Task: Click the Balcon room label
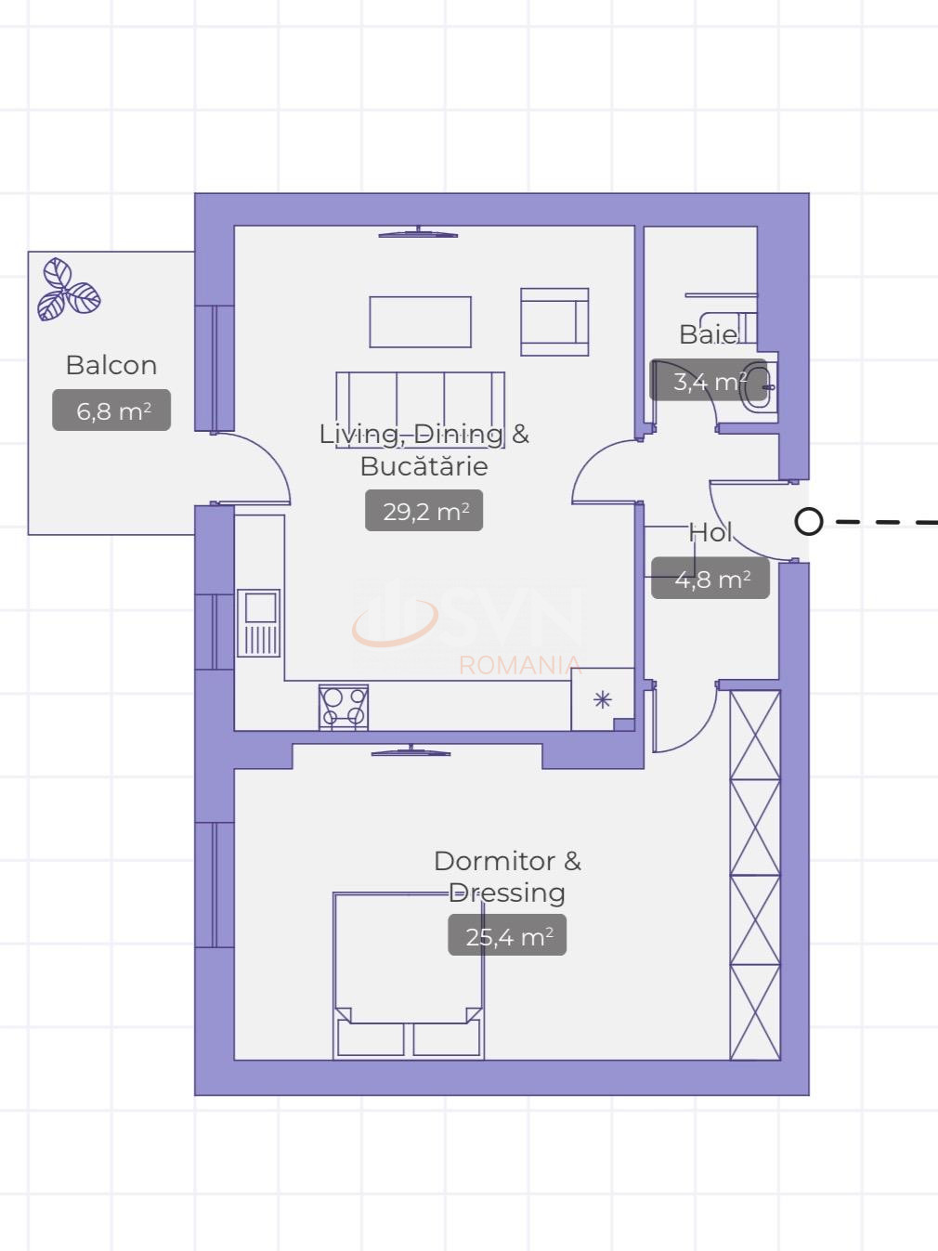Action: point(111,365)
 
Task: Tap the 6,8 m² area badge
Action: point(111,410)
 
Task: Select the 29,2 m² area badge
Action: point(424,511)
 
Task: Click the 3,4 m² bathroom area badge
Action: point(709,380)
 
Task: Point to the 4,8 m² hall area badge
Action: point(710,578)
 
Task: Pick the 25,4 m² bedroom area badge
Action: point(507,935)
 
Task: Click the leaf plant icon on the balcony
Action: point(69,290)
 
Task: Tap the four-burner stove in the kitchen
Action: point(344,708)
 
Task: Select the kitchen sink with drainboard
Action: point(259,623)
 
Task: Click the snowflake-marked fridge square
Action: point(603,699)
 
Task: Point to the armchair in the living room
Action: point(554,322)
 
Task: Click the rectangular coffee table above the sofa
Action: point(421,322)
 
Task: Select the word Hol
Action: point(710,532)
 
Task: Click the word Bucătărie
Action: point(424,466)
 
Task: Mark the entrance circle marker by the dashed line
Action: point(809,522)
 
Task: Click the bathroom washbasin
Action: point(761,387)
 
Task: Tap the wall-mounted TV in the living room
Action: point(418,232)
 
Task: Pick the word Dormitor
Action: point(495,861)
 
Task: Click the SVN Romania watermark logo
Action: point(467,626)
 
